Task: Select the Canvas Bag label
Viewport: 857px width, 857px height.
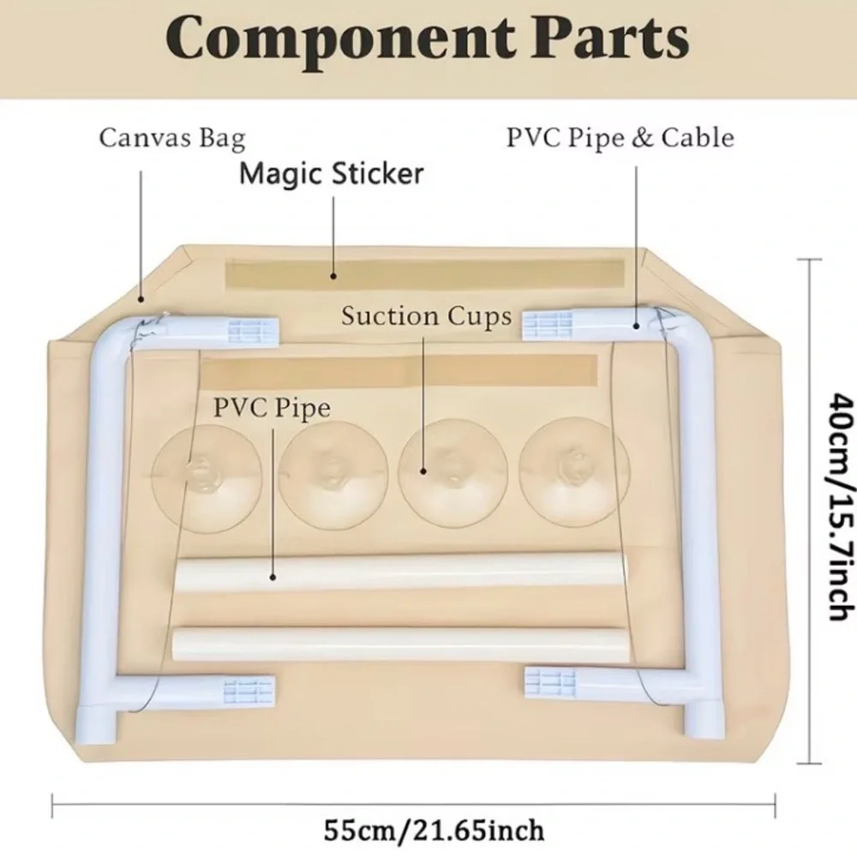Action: pyautogui.click(x=172, y=139)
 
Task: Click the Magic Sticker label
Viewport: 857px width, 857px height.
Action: pyautogui.click(x=332, y=174)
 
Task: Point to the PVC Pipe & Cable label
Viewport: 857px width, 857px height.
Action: pyautogui.click(x=620, y=138)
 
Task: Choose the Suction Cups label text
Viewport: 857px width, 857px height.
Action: pyautogui.click(x=427, y=316)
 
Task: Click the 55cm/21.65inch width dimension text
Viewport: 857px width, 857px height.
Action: pyautogui.click(x=434, y=830)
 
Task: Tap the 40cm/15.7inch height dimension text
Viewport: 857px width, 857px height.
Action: pyautogui.click(x=841, y=506)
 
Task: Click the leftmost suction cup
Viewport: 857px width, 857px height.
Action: pyautogui.click(x=207, y=478)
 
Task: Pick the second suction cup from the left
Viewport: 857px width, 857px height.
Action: pyautogui.click(x=333, y=475)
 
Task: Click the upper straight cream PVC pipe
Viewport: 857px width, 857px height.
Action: pyautogui.click(x=402, y=572)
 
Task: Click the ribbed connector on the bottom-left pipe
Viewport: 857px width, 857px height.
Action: pyautogui.click(x=249, y=690)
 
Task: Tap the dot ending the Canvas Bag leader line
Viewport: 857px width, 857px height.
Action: pyautogui.click(x=141, y=299)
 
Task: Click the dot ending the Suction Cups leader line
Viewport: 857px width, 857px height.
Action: pyautogui.click(x=423, y=470)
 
